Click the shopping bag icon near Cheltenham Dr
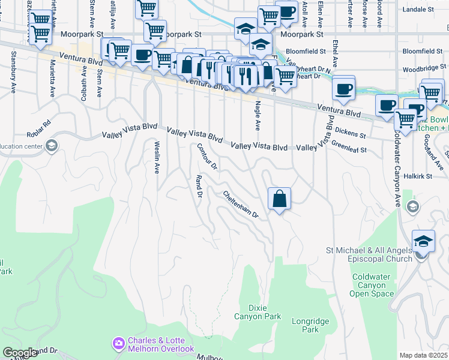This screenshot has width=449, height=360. coord(280,199)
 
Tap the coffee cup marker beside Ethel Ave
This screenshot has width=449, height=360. coord(343,89)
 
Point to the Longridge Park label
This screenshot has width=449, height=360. coord(310,325)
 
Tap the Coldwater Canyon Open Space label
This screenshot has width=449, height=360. coord(373,285)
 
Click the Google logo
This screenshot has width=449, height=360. coord(19,353)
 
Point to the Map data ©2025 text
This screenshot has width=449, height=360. coord(423,355)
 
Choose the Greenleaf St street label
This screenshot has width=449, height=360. coord(349,146)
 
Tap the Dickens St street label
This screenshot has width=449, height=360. coord(351,131)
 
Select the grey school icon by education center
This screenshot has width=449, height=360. coord(52,145)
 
